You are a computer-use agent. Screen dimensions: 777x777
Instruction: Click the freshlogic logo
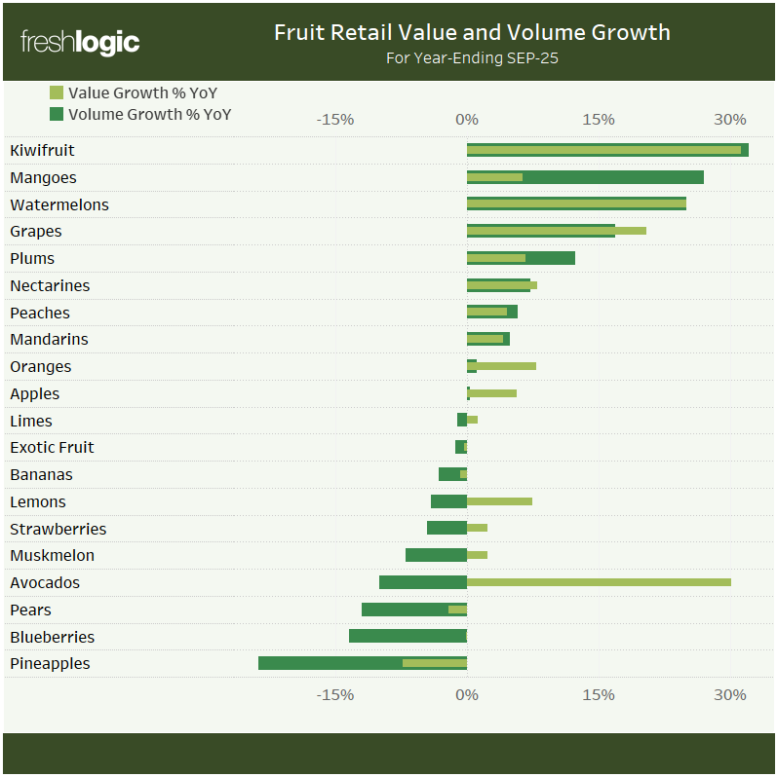pyautogui.click(x=80, y=43)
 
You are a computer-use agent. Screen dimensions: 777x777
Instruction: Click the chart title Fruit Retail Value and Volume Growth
pyautogui.click(x=472, y=32)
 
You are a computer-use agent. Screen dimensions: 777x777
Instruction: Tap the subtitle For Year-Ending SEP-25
pyautogui.click(x=472, y=58)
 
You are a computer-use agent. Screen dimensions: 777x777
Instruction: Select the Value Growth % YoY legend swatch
pyautogui.click(x=56, y=93)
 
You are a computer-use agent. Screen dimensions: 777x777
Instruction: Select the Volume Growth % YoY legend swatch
pyautogui.click(x=56, y=114)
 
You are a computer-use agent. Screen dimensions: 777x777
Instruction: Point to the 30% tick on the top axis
pyautogui.click(x=729, y=119)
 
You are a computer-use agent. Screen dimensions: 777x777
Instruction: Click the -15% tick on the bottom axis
pyautogui.click(x=335, y=694)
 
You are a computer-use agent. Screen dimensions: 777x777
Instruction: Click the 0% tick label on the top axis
pyautogui.click(x=467, y=119)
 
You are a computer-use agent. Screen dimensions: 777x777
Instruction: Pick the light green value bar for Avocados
pyautogui.click(x=599, y=582)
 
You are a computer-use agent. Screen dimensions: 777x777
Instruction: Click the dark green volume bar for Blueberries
pyautogui.click(x=408, y=636)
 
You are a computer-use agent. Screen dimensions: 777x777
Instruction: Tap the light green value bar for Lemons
pyautogui.click(x=499, y=501)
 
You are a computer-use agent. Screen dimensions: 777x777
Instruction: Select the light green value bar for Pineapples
pyautogui.click(x=434, y=663)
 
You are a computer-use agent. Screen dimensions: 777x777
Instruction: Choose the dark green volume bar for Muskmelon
pyautogui.click(x=436, y=555)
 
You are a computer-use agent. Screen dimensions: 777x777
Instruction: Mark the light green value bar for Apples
pyautogui.click(x=493, y=393)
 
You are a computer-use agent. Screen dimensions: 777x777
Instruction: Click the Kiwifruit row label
pyautogui.click(x=42, y=151)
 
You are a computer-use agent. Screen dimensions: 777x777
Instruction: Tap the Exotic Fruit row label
pyautogui.click(x=52, y=448)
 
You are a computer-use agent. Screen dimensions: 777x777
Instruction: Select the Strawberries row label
pyautogui.click(x=58, y=529)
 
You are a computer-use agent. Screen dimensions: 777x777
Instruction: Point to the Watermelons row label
pyautogui.click(x=58, y=204)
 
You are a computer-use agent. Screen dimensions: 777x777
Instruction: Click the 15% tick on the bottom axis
pyautogui.click(x=599, y=694)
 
